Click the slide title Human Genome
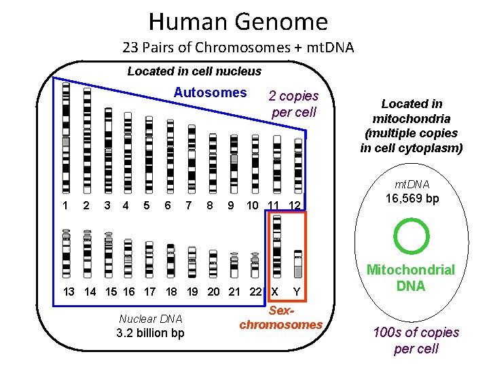pyautogui.click(x=238, y=22)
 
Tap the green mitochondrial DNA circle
pyautogui.click(x=412, y=236)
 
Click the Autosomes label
pyautogui.click(x=210, y=92)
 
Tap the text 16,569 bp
pyautogui.click(x=412, y=198)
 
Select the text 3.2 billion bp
pyautogui.click(x=150, y=333)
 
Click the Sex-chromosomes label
pyautogui.click(x=280, y=317)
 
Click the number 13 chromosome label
pyautogui.click(x=69, y=292)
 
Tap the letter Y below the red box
pyautogui.click(x=296, y=292)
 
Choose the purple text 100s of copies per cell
pyautogui.click(x=416, y=340)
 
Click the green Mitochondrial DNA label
pyautogui.click(x=411, y=278)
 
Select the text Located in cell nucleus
pyautogui.click(x=194, y=71)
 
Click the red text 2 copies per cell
pyautogui.click(x=293, y=104)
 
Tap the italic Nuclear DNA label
pyautogui.click(x=149, y=318)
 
